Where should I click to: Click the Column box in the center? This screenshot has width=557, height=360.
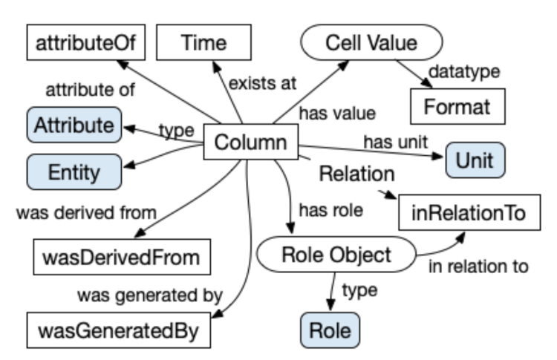251,143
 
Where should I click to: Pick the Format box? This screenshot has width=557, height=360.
457,106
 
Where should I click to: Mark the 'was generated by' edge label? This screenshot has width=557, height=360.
150,296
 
